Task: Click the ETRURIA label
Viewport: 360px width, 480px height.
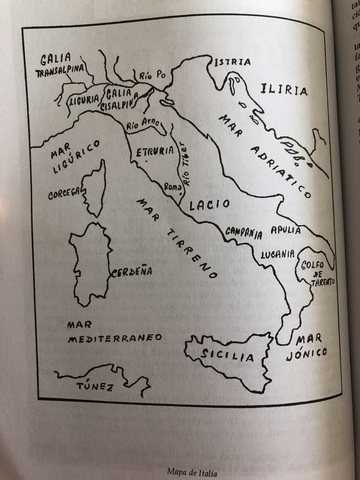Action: pyautogui.click(x=155, y=152)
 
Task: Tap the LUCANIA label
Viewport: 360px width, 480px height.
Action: pyautogui.click(x=276, y=255)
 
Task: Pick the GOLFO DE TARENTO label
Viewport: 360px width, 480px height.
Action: pyautogui.click(x=315, y=273)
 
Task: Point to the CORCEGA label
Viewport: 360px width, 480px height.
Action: pyautogui.click(x=65, y=194)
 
